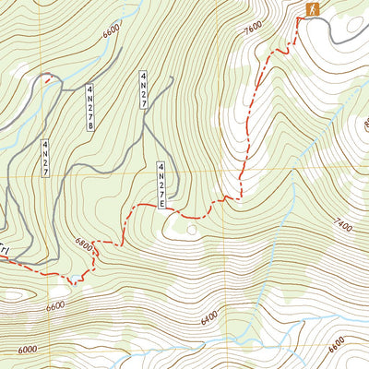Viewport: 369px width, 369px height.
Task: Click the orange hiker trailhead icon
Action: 313,9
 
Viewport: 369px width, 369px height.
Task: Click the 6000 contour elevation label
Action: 28,350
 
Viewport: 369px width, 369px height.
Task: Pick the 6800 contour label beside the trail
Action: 84,246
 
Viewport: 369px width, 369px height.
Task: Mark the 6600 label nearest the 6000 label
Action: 56,304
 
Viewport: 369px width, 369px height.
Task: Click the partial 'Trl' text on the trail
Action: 5,250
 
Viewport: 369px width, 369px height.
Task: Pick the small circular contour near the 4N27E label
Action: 192,227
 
